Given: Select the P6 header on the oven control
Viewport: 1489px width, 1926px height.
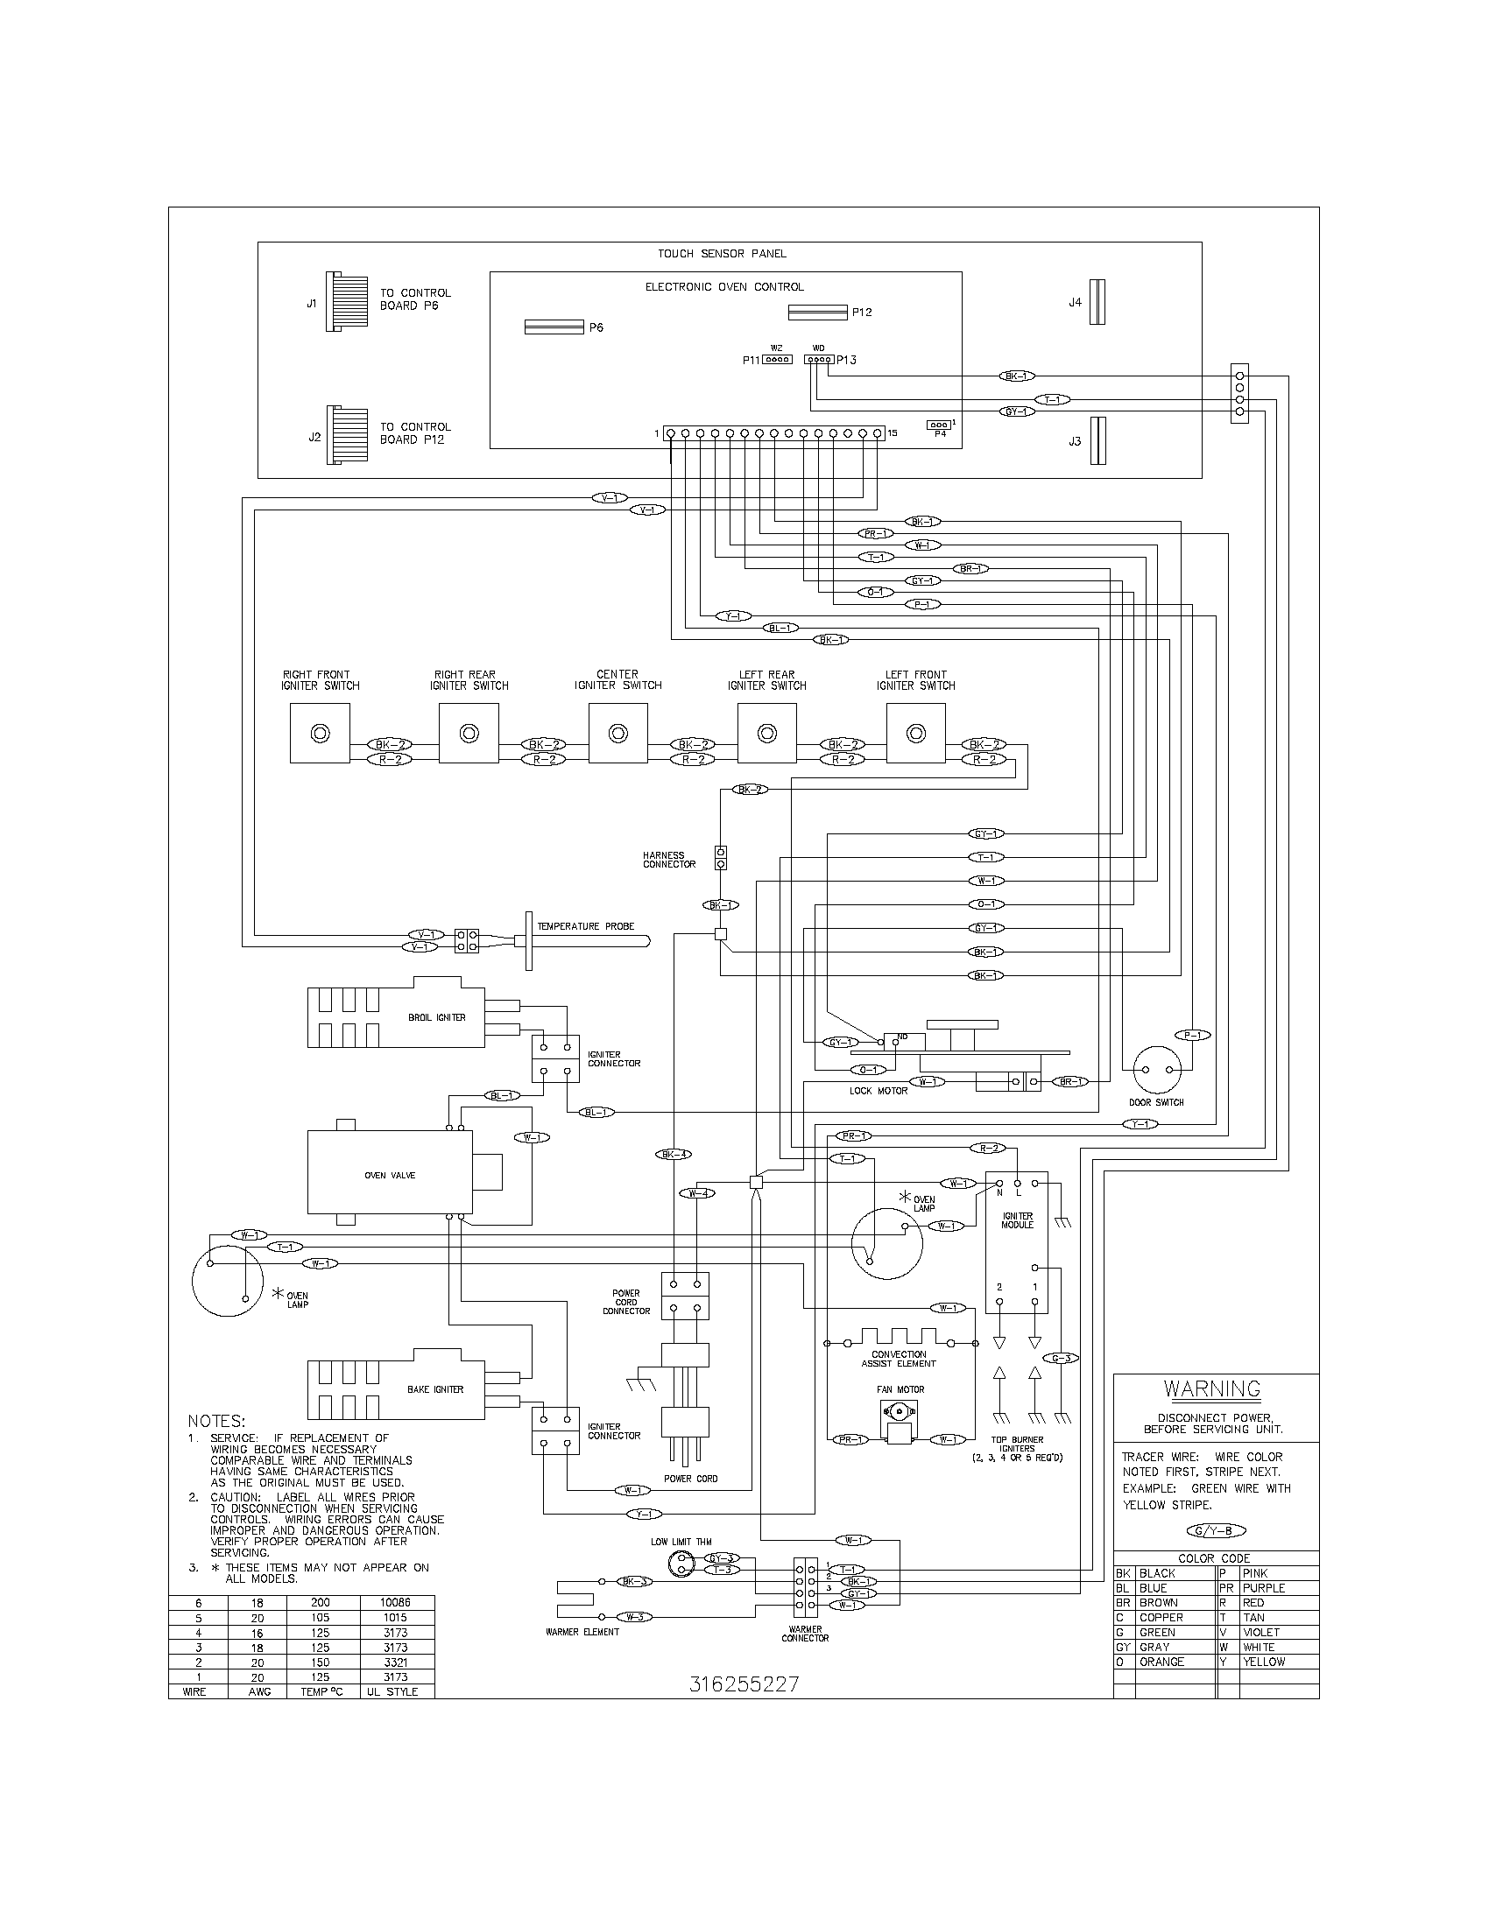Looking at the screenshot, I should click(x=554, y=327).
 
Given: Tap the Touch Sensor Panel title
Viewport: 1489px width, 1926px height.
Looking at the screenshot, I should click(x=721, y=253).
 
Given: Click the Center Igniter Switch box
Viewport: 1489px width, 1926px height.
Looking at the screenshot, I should click(x=617, y=733).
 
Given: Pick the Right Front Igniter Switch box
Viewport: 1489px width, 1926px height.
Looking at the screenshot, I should click(x=320, y=733).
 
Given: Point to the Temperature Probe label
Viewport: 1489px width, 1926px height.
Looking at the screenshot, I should click(x=586, y=926).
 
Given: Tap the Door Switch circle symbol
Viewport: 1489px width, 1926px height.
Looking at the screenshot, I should click(x=1156, y=1069).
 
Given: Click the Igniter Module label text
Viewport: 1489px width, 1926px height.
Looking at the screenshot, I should click(x=1017, y=1220).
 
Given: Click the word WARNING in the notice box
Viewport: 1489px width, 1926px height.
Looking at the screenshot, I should click(x=1212, y=1390).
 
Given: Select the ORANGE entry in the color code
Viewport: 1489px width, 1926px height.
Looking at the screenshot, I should click(x=1161, y=1662).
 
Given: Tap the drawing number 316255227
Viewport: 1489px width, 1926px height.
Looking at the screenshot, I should click(x=744, y=1684).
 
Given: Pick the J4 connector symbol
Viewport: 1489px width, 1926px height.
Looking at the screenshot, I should click(x=1097, y=303).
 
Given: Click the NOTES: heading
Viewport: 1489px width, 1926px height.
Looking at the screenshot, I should click(x=216, y=1421).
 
